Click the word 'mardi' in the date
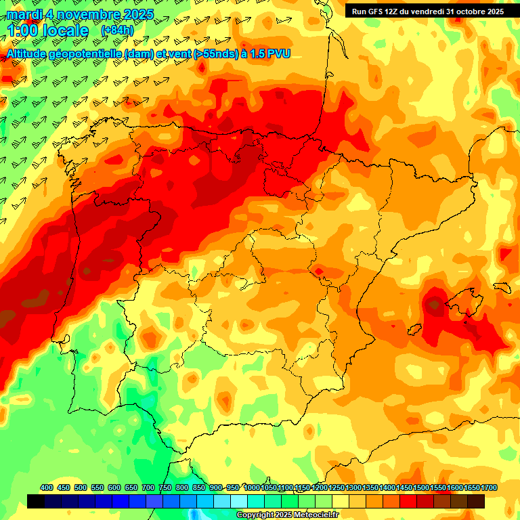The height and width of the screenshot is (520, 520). tap(24, 14)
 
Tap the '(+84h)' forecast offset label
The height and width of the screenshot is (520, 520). tap(117, 30)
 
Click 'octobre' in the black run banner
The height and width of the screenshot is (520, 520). tap(469, 11)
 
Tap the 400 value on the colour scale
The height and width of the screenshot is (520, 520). tap(47, 487)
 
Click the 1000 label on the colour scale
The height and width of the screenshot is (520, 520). tap(252, 487)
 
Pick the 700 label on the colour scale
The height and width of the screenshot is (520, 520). tap(148, 487)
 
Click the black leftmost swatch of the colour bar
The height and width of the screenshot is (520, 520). tap(36, 501)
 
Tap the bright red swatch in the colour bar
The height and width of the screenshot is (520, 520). tap(408, 501)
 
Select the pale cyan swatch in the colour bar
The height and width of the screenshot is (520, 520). tap(239, 501)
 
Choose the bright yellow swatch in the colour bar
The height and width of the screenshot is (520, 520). tap(341, 501)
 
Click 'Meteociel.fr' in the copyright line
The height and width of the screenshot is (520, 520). tap(315, 515)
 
